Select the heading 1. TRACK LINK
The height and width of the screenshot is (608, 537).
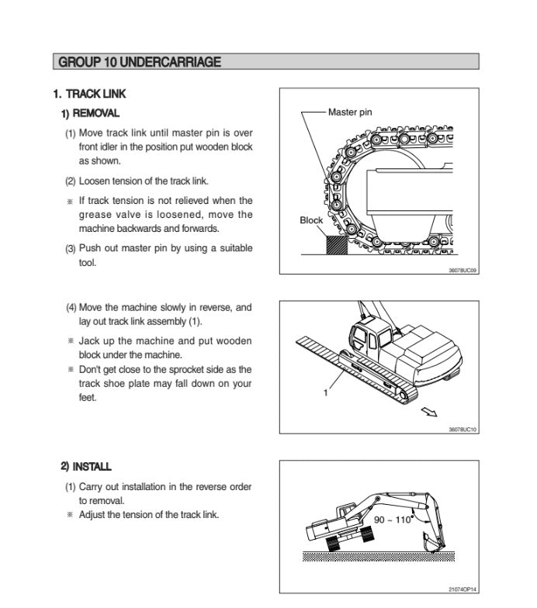(89, 94)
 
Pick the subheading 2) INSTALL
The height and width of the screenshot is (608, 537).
(86, 467)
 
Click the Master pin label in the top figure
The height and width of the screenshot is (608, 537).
(350, 112)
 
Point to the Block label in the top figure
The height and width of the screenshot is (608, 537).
(311, 220)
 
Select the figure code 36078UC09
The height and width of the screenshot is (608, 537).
(463, 270)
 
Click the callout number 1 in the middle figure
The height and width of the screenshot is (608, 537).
(326, 392)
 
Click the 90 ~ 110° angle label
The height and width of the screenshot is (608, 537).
(393, 520)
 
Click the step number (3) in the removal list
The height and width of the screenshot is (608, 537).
(70, 249)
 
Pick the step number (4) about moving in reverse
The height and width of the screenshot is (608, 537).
(71, 308)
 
